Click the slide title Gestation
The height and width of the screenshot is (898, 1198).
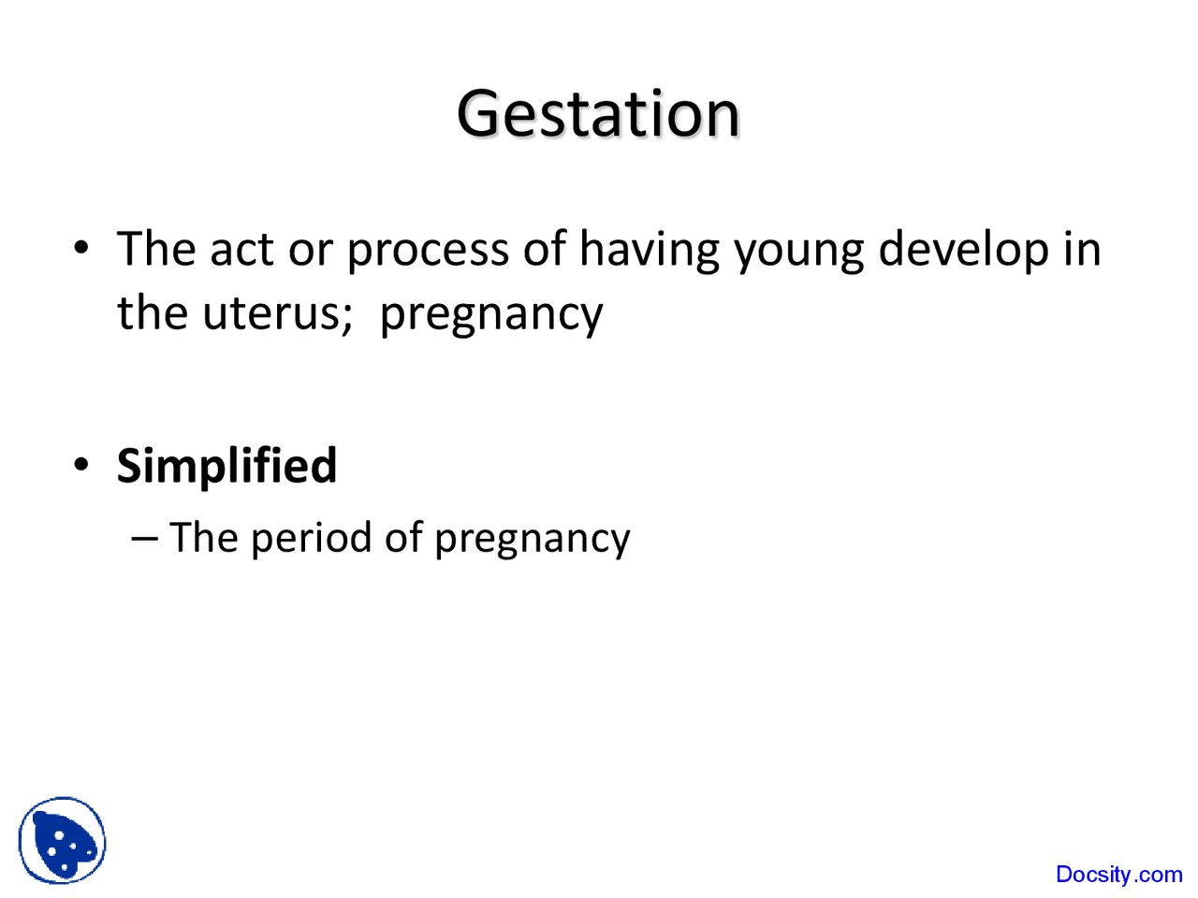pos(598,114)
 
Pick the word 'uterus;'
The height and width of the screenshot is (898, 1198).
pos(277,313)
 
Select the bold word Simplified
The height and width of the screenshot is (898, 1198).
pos(226,466)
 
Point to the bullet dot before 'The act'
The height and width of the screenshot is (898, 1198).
pos(82,250)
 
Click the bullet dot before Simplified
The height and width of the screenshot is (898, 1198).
pos(82,465)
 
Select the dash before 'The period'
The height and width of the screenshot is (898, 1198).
pos(144,539)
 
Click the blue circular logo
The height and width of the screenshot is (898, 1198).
pos(62,841)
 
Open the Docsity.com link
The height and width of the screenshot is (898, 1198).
pos(1118,875)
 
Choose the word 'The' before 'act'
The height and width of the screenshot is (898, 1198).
pos(155,250)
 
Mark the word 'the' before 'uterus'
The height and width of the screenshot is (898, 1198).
pos(152,313)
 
